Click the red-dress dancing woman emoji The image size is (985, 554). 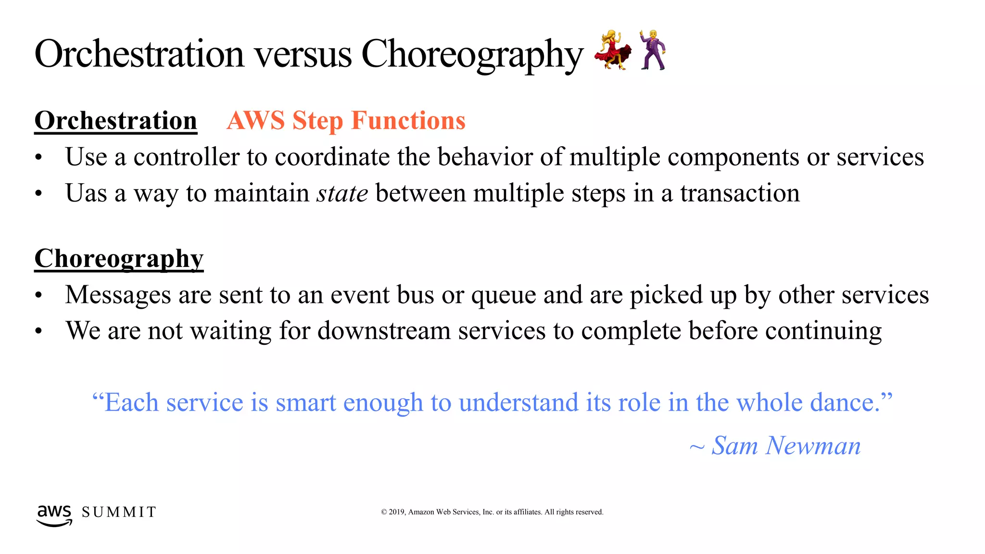point(612,50)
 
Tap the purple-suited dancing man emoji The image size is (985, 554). point(653,50)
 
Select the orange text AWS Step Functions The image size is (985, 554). point(346,120)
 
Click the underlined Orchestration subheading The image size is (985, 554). point(116,120)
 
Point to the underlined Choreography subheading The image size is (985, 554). point(119,259)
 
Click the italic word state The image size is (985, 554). point(342,193)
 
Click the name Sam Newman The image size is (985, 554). point(786,446)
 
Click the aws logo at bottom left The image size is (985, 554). point(54,515)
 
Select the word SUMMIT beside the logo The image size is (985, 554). point(119,512)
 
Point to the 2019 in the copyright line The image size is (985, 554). point(397,512)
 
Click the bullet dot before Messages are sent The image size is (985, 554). point(39,296)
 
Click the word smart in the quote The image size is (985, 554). point(305,403)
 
